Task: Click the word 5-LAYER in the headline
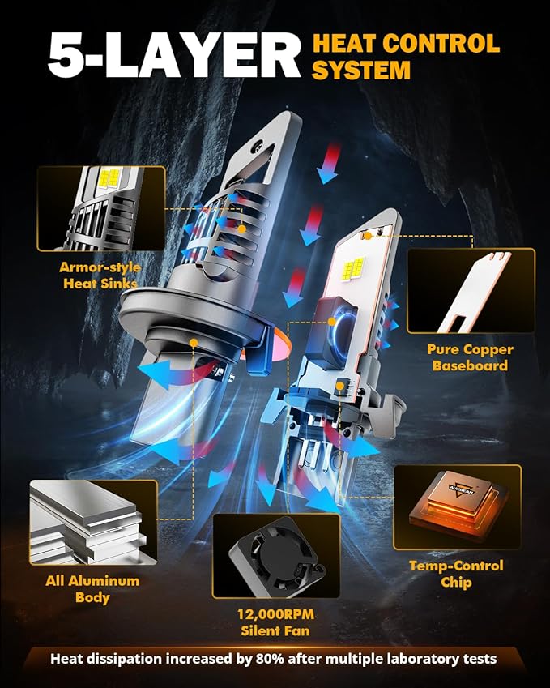(x=174, y=55)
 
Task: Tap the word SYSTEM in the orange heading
(x=361, y=71)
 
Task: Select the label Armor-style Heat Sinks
(x=100, y=275)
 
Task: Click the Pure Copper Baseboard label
(x=470, y=357)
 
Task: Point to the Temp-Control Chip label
(x=456, y=574)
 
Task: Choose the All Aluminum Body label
(x=92, y=589)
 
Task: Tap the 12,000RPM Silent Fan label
(x=275, y=622)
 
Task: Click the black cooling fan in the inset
(x=277, y=555)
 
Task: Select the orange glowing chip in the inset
(x=458, y=505)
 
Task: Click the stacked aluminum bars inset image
(x=93, y=522)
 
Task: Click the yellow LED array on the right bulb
(x=354, y=268)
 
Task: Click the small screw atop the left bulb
(x=258, y=144)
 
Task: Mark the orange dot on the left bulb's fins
(x=241, y=229)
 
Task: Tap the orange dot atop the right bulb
(x=368, y=236)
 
